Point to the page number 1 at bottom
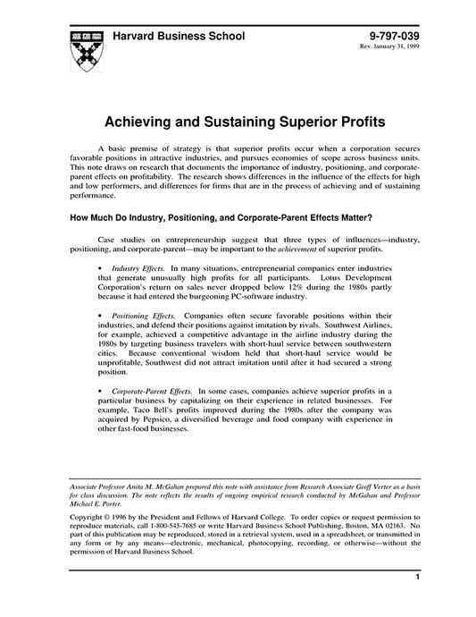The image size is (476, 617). coord(417,604)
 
